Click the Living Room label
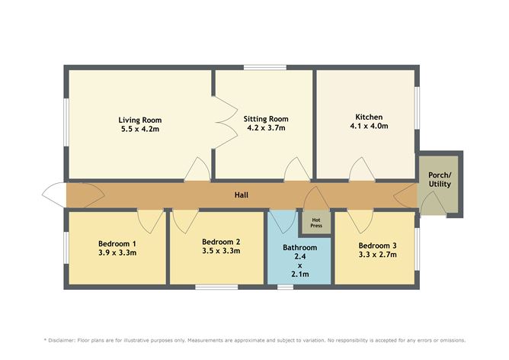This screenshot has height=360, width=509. (x=139, y=120)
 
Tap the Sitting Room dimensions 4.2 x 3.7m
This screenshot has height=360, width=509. (x=266, y=129)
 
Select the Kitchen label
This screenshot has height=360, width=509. (x=360, y=117)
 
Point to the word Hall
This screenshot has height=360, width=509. (x=241, y=195)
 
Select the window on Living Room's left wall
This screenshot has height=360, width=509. (x=65, y=123)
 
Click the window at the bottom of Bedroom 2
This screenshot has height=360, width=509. (x=216, y=287)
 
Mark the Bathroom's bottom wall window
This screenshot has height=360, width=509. (x=285, y=287)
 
